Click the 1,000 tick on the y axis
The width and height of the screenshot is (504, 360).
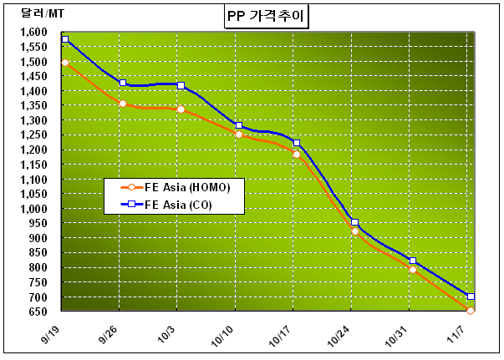tap(35, 209)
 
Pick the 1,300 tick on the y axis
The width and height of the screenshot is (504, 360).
tap(35, 120)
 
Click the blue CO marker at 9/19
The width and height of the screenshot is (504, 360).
tap(64, 39)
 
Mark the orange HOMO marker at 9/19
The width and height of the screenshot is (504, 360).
tap(64, 63)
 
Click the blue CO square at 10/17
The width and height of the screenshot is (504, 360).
tap(297, 143)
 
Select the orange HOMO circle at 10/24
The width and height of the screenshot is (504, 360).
tap(355, 231)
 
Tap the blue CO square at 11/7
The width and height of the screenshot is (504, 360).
tap(471, 297)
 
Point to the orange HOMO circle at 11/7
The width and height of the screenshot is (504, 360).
tap(471, 311)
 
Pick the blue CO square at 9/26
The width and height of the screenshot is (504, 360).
tap(123, 83)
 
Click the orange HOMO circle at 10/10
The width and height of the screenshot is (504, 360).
tap(239, 134)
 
